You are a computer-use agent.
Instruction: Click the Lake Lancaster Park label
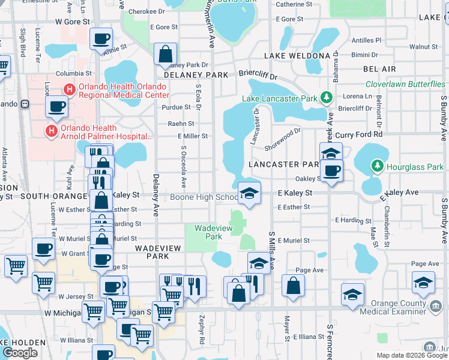pos(280,98)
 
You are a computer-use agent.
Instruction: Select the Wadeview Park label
pos(208,232)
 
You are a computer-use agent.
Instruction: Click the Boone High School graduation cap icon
pos(250,193)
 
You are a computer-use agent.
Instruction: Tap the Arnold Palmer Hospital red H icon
pos(52,130)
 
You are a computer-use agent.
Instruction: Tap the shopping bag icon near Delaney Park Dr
pos(164,55)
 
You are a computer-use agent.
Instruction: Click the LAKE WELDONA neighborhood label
pos(297,56)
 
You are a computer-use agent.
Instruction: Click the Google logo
pos(20,353)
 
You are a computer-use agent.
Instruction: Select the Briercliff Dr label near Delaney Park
pos(258,77)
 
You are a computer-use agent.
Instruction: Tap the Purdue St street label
pos(175,107)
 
